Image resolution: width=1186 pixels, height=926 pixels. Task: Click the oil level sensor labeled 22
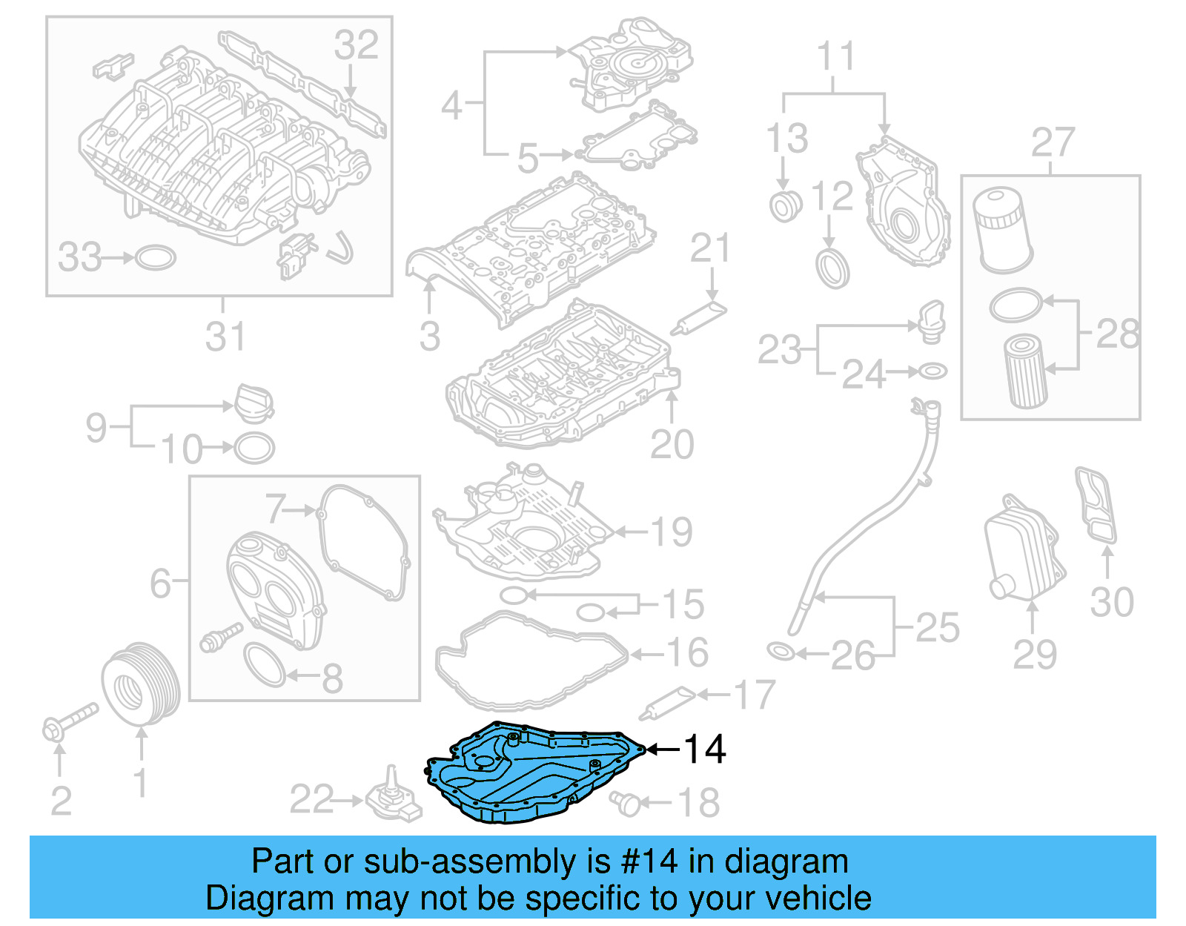coord(393,799)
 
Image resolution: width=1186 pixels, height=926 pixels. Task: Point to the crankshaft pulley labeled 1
coord(140,683)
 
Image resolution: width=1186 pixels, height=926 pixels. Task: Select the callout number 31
coord(225,337)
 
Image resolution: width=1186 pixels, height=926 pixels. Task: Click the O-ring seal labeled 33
coord(156,257)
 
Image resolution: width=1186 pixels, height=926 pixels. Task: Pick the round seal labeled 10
coord(254,448)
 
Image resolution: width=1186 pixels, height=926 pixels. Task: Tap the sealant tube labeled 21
coord(698,319)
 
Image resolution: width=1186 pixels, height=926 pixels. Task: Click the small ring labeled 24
coord(932,371)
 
